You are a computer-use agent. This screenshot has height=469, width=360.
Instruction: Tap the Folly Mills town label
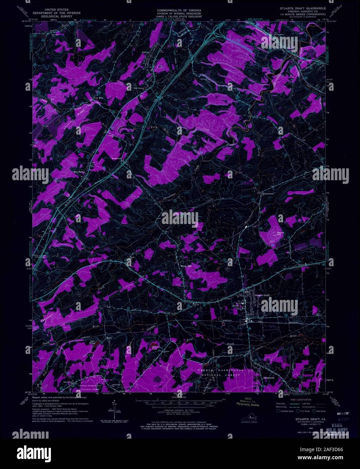click(x=98, y=98)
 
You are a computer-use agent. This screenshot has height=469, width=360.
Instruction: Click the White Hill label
click(x=185, y=266)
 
